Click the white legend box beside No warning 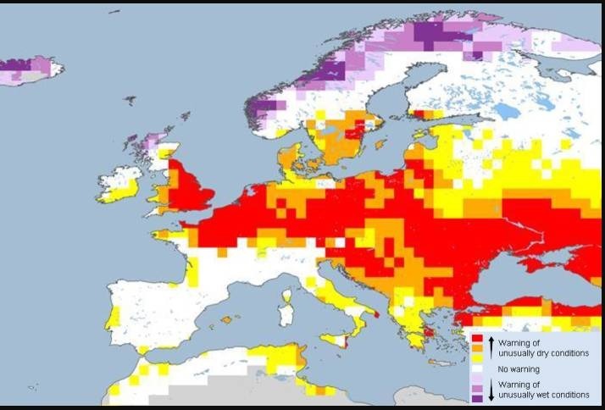click(479, 368)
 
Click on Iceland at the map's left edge click(30, 70)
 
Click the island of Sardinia click(286, 315)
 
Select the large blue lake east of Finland click(506, 110)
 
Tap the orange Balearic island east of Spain click(226, 319)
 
